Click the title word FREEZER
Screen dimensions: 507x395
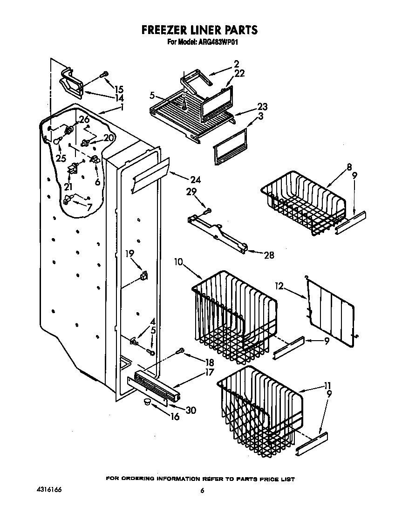[x=165, y=30]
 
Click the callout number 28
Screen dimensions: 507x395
[x=269, y=255]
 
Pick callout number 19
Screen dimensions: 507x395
[x=129, y=253]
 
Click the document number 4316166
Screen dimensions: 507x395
[x=48, y=490]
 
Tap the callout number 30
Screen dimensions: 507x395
[x=191, y=410]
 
